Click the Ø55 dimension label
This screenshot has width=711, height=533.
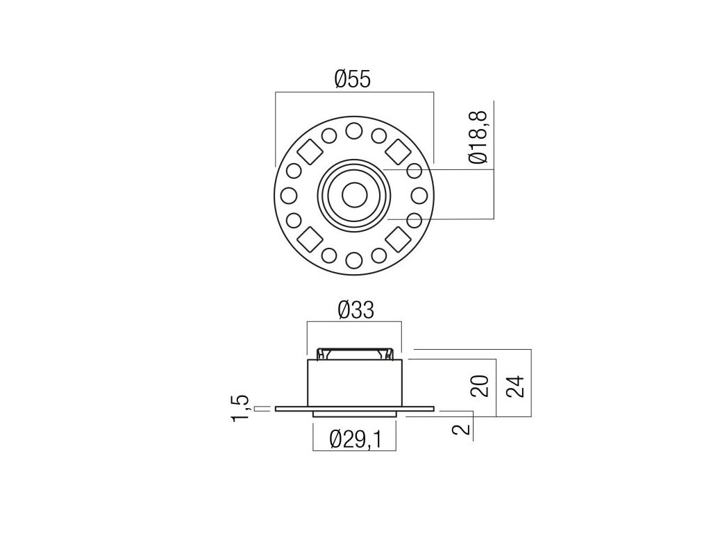(x=352, y=78)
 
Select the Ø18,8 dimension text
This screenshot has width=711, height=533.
(x=478, y=137)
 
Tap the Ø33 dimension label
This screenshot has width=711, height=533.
(x=356, y=310)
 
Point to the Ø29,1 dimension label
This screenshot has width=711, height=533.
(x=356, y=439)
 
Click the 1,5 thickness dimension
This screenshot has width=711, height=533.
(x=240, y=408)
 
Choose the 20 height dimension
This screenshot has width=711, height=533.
(x=480, y=386)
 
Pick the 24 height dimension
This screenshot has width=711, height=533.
(x=515, y=386)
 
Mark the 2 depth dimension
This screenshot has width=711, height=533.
(x=462, y=429)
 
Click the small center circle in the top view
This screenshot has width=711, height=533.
(x=354, y=195)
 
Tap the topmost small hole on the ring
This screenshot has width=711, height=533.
(x=354, y=131)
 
